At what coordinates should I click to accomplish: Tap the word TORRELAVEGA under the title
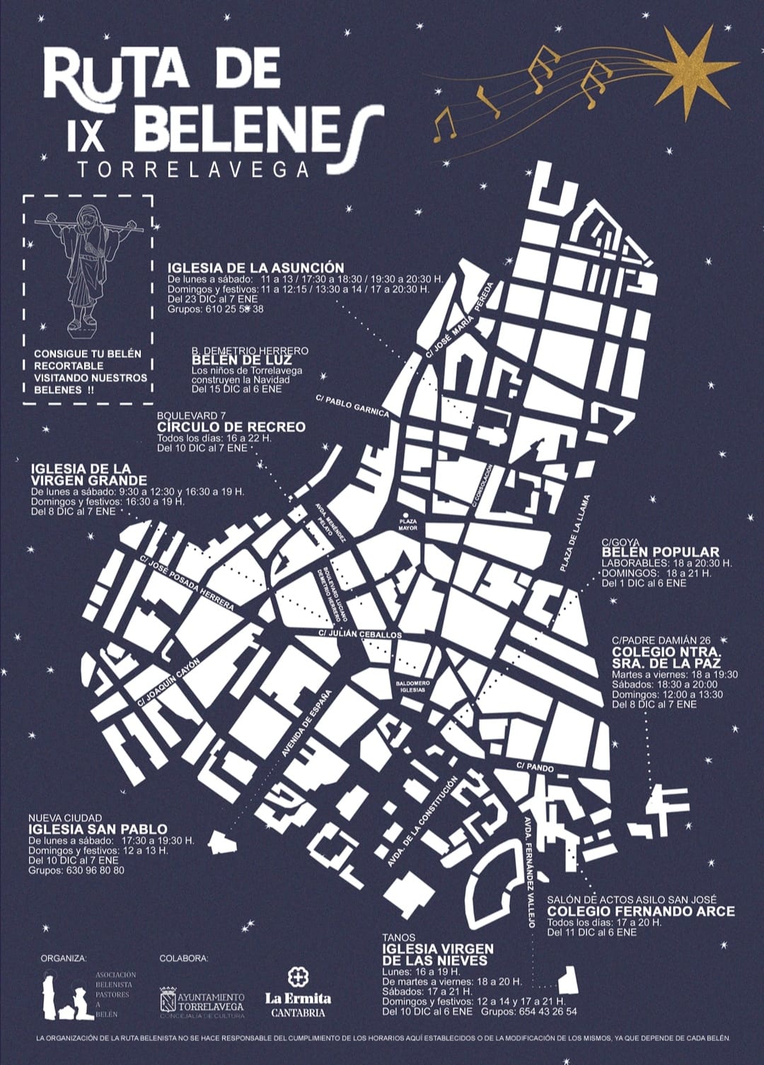click(x=194, y=170)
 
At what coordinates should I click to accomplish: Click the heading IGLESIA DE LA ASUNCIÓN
click(x=255, y=268)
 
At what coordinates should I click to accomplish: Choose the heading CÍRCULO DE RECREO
click(x=231, y=427)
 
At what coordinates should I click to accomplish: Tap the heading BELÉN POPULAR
click(x=660, y=552)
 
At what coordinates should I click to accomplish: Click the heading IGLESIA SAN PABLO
click(x=98, y=829)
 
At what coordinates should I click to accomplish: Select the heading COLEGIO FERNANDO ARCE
click(x=641, y=912)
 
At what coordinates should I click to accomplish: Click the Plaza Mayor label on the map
click(x=407, y=524)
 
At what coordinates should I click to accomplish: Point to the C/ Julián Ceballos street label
click(x=360, y=634)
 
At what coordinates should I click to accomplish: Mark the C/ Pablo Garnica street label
click(x=352, y=406)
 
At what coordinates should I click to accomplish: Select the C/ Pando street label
click(x=535, y=767)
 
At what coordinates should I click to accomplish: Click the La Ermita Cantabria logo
click(x=298, y=994)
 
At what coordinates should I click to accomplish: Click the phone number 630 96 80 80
click(x=97, y=871)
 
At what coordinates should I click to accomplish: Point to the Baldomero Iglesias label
click(x=413, y=686)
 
